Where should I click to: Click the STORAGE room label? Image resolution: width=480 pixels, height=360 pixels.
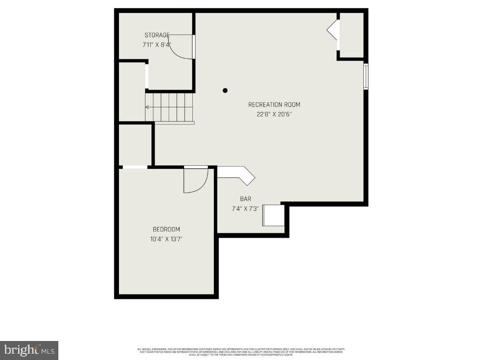pyautogui.click(x=157, y=35)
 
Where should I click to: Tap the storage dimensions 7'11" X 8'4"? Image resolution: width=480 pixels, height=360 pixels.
pyautogui.click(x=157, y=45)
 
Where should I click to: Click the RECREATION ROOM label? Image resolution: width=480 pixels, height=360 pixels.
pyautogui.click(x=274, y=105)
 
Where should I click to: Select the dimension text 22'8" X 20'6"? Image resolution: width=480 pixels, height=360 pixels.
pyautogui.click(x=274, y=115)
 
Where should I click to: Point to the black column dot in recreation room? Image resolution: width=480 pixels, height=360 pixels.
pyautogui.click(x=225, y=91)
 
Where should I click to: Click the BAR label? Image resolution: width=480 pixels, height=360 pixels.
pyautogui.click(x=246, y=199)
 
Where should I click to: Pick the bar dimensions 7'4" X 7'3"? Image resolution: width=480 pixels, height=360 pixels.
pyautogui.click(x=245, y=209)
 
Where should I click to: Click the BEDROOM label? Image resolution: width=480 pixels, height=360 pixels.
pyautogui.click(x=166, y=229)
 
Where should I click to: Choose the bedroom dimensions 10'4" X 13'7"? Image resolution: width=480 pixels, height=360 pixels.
pyautogui.click(x=166, y=239)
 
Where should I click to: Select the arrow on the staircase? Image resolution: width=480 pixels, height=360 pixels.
pyautogui.click(x=148, y=107)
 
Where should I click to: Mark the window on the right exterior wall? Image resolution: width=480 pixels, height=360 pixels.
pyautogui.click(x=366, y=77)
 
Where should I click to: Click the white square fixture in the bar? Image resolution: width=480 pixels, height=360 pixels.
pyautogui.click(x=274, y=215)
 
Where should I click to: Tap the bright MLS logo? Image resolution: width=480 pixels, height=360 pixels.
pyautogui.click(x=29, y=350)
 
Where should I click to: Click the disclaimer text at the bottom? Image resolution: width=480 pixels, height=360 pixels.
pyautogui.click(x=241, y=351)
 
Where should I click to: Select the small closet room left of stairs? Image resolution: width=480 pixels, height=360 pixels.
pyautogui.click(x=132, y=91)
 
